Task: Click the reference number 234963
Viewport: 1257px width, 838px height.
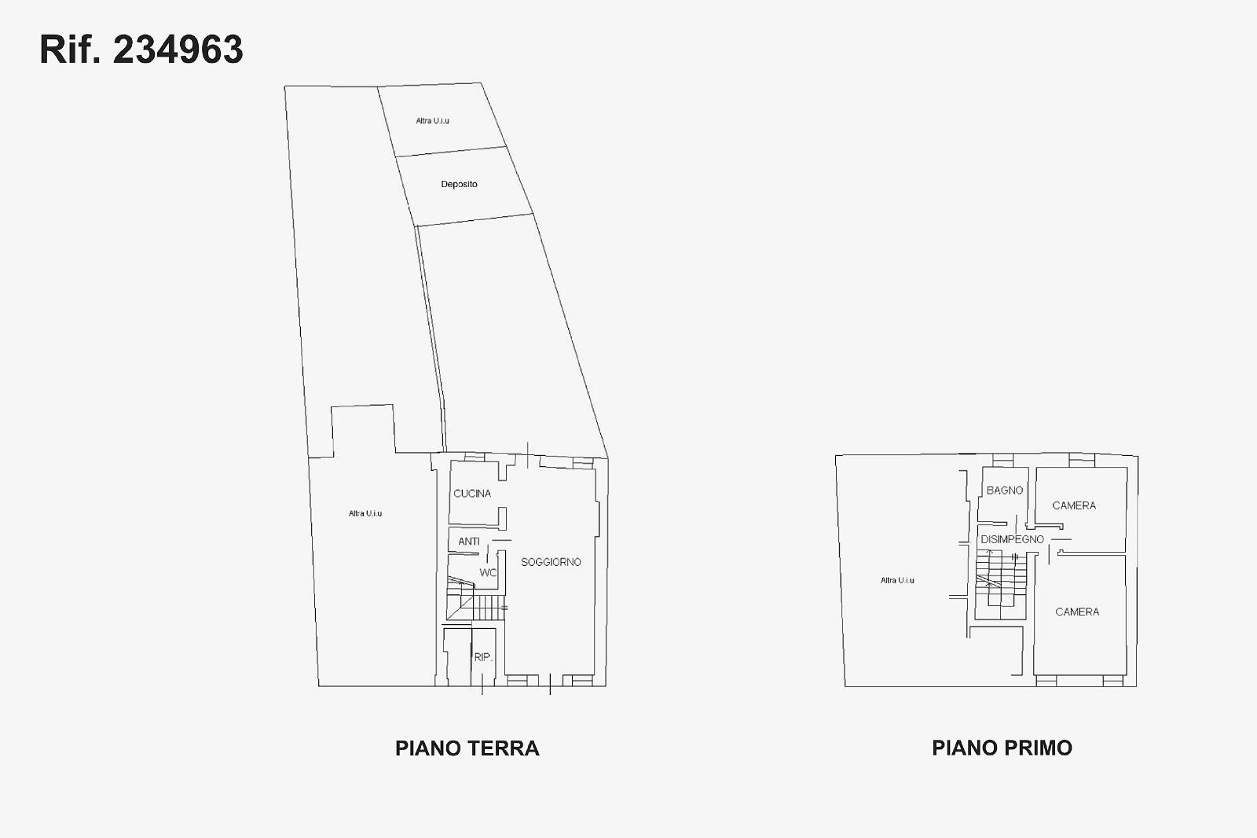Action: point(178,50)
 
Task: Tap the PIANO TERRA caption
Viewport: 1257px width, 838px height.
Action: point(467,748)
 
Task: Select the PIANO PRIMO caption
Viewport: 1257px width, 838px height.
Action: point(1002,748)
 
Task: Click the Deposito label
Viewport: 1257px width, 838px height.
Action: point(459,184)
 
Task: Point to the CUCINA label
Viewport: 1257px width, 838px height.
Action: point(472,494)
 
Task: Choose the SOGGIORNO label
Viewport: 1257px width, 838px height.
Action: point(551,562)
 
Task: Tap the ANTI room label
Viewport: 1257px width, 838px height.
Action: point(468,542)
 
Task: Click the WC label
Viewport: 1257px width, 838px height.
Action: point(488,573)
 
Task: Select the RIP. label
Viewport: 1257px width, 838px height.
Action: point(483,657)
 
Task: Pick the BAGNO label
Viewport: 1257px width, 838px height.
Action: point(1005,491)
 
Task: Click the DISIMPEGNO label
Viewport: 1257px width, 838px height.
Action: point(1013,539)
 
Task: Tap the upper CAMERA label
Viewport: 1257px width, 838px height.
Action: point(1074,505)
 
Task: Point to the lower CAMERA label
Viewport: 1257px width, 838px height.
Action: point(1077,612)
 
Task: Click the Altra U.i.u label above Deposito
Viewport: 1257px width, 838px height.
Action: point(432,121)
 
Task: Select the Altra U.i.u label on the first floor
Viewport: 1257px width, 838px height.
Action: point(897,581)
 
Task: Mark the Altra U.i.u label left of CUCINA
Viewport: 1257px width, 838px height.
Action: point(365,513)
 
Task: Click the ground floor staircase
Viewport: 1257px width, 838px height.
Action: point(476,599)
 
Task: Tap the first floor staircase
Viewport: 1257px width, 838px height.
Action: point(1001,584)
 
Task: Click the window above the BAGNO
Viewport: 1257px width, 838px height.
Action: point(1002,461)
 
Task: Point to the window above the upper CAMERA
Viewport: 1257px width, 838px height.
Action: point(1081,460)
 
